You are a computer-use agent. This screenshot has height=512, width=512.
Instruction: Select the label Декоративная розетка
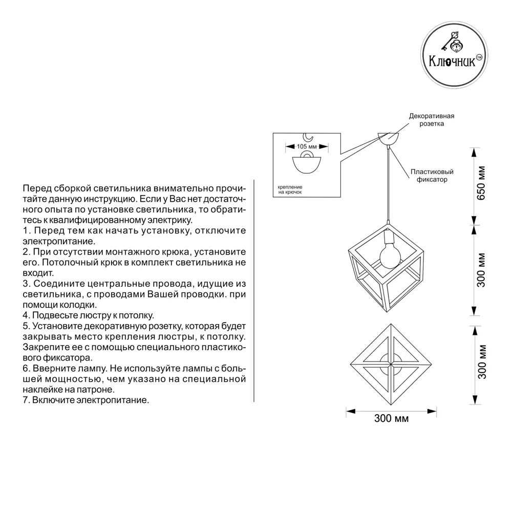pos(431,120)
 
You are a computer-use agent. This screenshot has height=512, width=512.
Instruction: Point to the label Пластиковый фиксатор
pos(432,176)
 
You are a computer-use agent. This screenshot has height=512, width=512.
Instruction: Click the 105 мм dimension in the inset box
pos(307,146)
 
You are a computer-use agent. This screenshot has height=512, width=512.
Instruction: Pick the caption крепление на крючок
pos(290,190)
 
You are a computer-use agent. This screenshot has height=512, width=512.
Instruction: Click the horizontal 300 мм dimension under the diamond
pos(391,418)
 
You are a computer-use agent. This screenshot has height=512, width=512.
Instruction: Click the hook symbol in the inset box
pos(308,136)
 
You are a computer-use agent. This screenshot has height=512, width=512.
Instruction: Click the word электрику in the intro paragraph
pos(168,220)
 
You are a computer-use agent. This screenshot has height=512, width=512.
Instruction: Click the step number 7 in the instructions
pos(26,400)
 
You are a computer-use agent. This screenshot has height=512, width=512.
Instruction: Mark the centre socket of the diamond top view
pos(391,364)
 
